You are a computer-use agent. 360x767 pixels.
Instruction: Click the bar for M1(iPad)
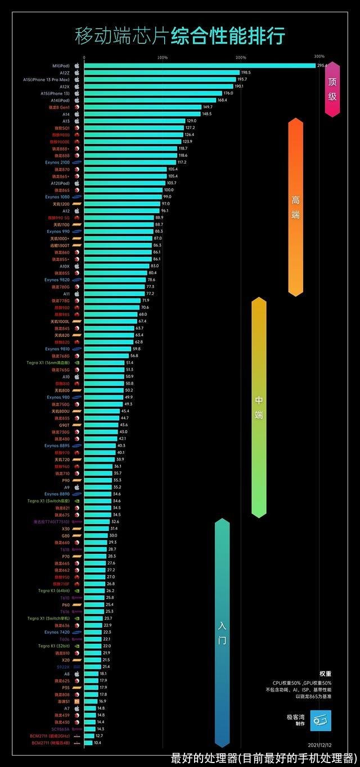200,66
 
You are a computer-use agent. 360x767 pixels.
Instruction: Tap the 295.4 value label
322,66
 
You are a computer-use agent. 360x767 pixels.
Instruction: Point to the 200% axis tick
241,57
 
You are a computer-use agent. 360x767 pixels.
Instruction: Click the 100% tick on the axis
163,57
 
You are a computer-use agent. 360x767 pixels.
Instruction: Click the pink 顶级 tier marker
332,89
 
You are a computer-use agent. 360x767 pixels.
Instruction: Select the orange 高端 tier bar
295,207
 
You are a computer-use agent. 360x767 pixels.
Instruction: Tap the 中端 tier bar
259,407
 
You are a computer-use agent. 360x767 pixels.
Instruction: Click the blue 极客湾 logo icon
321,720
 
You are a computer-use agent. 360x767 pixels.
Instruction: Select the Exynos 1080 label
57,197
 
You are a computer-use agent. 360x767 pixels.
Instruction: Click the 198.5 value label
246,73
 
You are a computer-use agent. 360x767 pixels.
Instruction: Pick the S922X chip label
63,667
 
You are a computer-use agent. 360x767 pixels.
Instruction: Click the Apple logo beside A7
77,709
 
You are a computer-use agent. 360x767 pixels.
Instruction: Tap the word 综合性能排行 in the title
228,35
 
